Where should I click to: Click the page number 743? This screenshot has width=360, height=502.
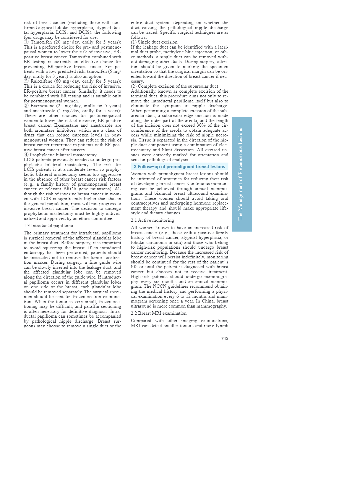point(225,338)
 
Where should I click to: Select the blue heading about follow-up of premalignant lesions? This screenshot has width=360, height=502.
point(179,167)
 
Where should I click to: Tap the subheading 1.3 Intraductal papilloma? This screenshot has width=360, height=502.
point(48,226)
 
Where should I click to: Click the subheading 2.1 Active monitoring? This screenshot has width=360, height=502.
point(152,220)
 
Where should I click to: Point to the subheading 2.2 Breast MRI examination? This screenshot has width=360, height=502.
point(159,313)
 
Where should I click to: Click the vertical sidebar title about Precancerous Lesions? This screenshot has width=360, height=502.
point(241,174)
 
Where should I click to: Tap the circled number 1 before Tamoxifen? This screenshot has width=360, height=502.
point(26,42)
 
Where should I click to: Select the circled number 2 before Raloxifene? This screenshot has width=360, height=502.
point(26,81)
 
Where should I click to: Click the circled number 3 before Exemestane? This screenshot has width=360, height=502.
point(26,106)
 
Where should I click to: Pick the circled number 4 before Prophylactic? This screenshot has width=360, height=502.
point(26,155)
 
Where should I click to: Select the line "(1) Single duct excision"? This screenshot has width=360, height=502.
point(154,42)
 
